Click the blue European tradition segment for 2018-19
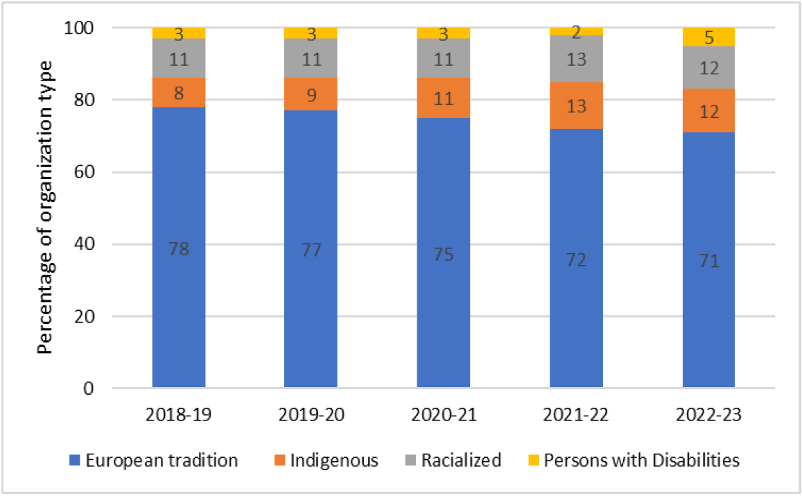(178, 208)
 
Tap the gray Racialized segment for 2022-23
(708, 68)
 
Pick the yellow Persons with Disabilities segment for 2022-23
(708, 37)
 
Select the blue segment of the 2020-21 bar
(443, 208)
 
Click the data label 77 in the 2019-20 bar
(311, 250)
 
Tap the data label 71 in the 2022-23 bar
(708, 262)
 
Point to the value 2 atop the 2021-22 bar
(576, 32)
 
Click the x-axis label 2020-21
(443, 416)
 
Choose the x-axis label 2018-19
(178, 416)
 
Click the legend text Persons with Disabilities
(641, 461)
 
